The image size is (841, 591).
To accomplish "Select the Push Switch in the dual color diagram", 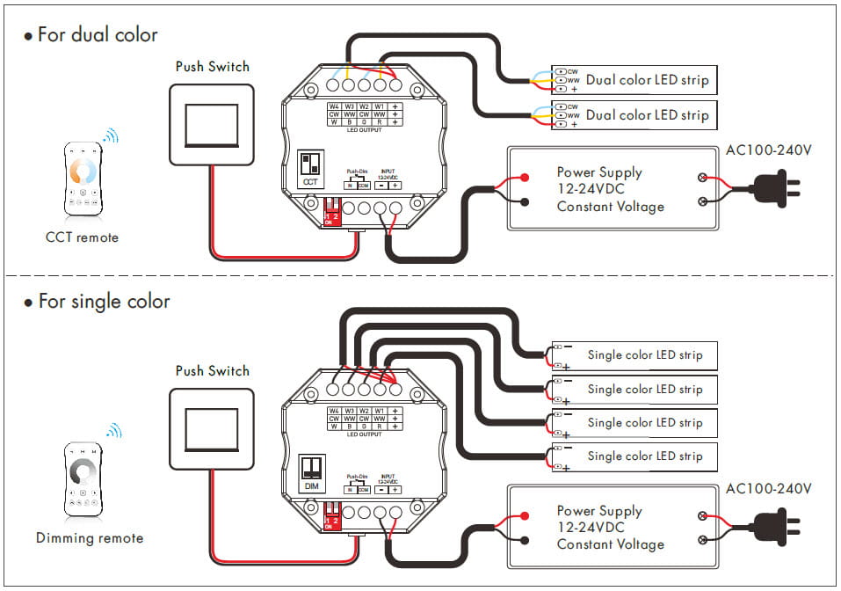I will click(x=211, y=124).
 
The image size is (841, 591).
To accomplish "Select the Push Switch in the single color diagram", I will click(x=211, y=428).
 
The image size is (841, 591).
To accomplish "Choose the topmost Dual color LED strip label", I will click(x=647, y=80).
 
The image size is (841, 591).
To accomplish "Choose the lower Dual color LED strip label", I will click(x=647, y=115).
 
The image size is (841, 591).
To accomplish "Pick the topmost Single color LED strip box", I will click(x=634, y=355).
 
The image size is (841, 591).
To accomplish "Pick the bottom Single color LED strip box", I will click(x=634, y=456).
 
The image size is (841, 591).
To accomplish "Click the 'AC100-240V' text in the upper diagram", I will click(x=768, y=150).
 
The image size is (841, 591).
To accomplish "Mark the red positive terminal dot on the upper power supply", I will click(x=525, y=178).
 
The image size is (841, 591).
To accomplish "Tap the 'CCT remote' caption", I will click(x=82, y=237).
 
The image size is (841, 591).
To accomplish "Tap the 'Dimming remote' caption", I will click(x=89, y=538).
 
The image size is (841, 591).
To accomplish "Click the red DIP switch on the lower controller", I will click(x=333, y=514).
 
